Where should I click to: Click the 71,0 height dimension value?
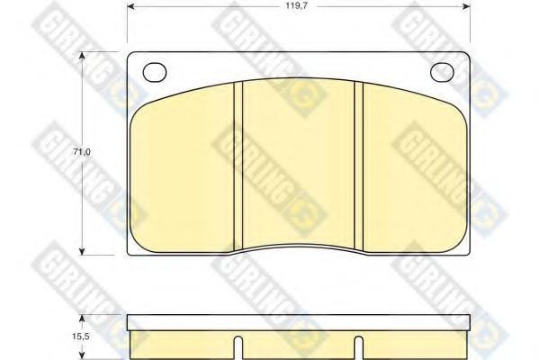[x=82, y=151]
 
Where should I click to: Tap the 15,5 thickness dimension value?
[x=81, y=337]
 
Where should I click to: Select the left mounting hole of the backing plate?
[x=155, y=72]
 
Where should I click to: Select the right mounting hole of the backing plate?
[x=443, y=72]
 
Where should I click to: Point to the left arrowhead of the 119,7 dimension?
[x=130, y=6]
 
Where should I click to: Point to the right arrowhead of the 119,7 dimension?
[x=466, y=6]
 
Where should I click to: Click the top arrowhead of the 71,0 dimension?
[x=82, y=56]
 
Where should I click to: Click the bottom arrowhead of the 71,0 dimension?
[x=82, y=251]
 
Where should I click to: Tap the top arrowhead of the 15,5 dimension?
[x=82, y=319]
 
